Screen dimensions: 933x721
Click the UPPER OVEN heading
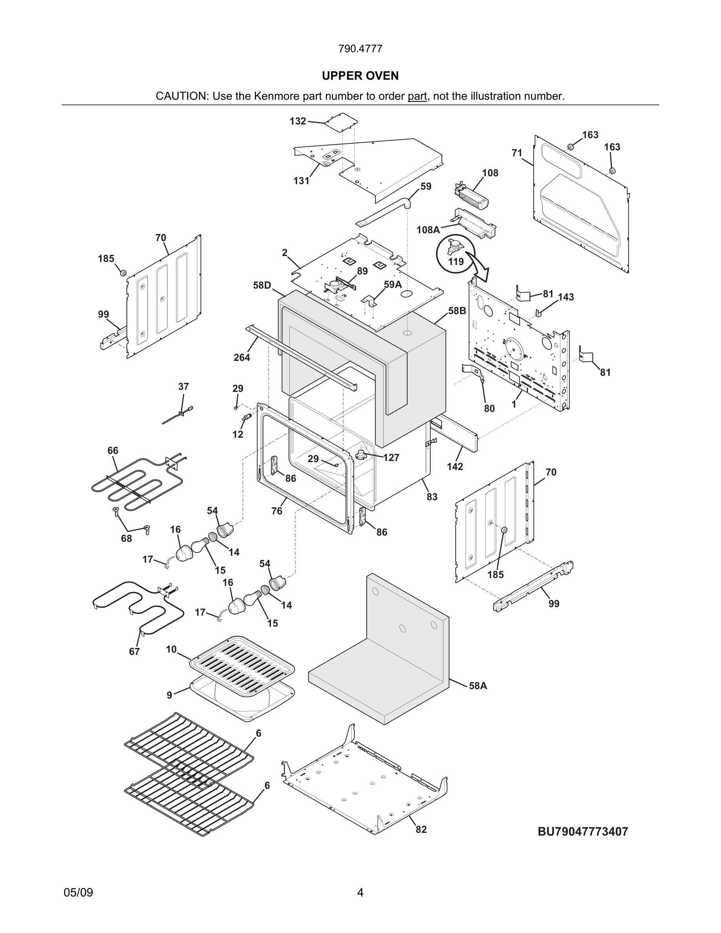[x=360, y=76]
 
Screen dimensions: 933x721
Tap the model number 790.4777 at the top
[x=360, y=49]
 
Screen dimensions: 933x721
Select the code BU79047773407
[x=583, y=831]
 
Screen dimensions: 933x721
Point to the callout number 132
[x=298, y=121]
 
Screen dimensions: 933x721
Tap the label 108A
[x=428, y=230]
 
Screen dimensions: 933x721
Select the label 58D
[x=262, y=285]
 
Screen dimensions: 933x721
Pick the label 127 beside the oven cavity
[x=391, y=457]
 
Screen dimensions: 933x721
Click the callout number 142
[x=455, y=466]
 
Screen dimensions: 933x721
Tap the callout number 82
[x=421, y=829]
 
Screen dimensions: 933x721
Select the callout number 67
[x=134, y=651]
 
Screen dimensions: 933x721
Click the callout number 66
[x=113, y=451]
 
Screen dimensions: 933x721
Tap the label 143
[x=566, y=297]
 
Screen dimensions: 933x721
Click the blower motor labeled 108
[x=472, y=197]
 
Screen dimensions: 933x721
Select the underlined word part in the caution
[x=417, y=96]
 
